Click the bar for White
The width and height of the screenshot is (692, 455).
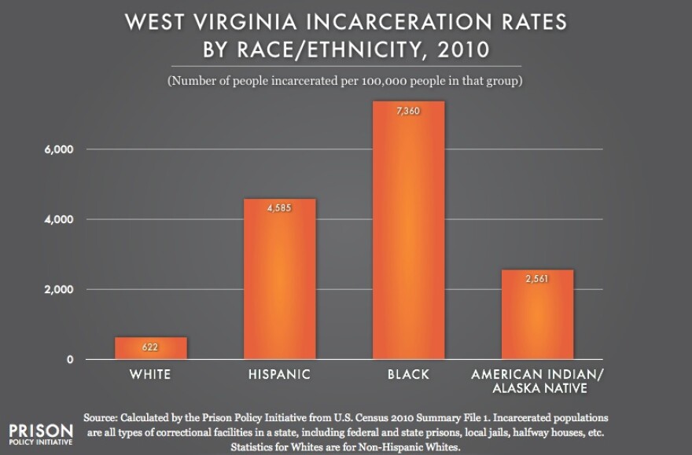coord(151,348)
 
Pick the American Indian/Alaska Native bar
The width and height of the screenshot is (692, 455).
coord(538,314)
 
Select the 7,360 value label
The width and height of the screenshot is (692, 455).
coord(409,112)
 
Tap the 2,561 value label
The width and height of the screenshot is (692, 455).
coord(538,280)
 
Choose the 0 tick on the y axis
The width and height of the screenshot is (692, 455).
coord(70,360)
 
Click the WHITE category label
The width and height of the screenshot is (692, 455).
coord(151,375)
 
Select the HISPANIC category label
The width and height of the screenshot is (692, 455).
coord(280,375)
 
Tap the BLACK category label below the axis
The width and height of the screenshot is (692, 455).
coord(409,375)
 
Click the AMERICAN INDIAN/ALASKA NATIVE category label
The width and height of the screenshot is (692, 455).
coord(539,381)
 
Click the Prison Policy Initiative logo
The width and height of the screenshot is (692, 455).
coord(40,435)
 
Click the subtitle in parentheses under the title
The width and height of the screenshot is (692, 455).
coord(346,81)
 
